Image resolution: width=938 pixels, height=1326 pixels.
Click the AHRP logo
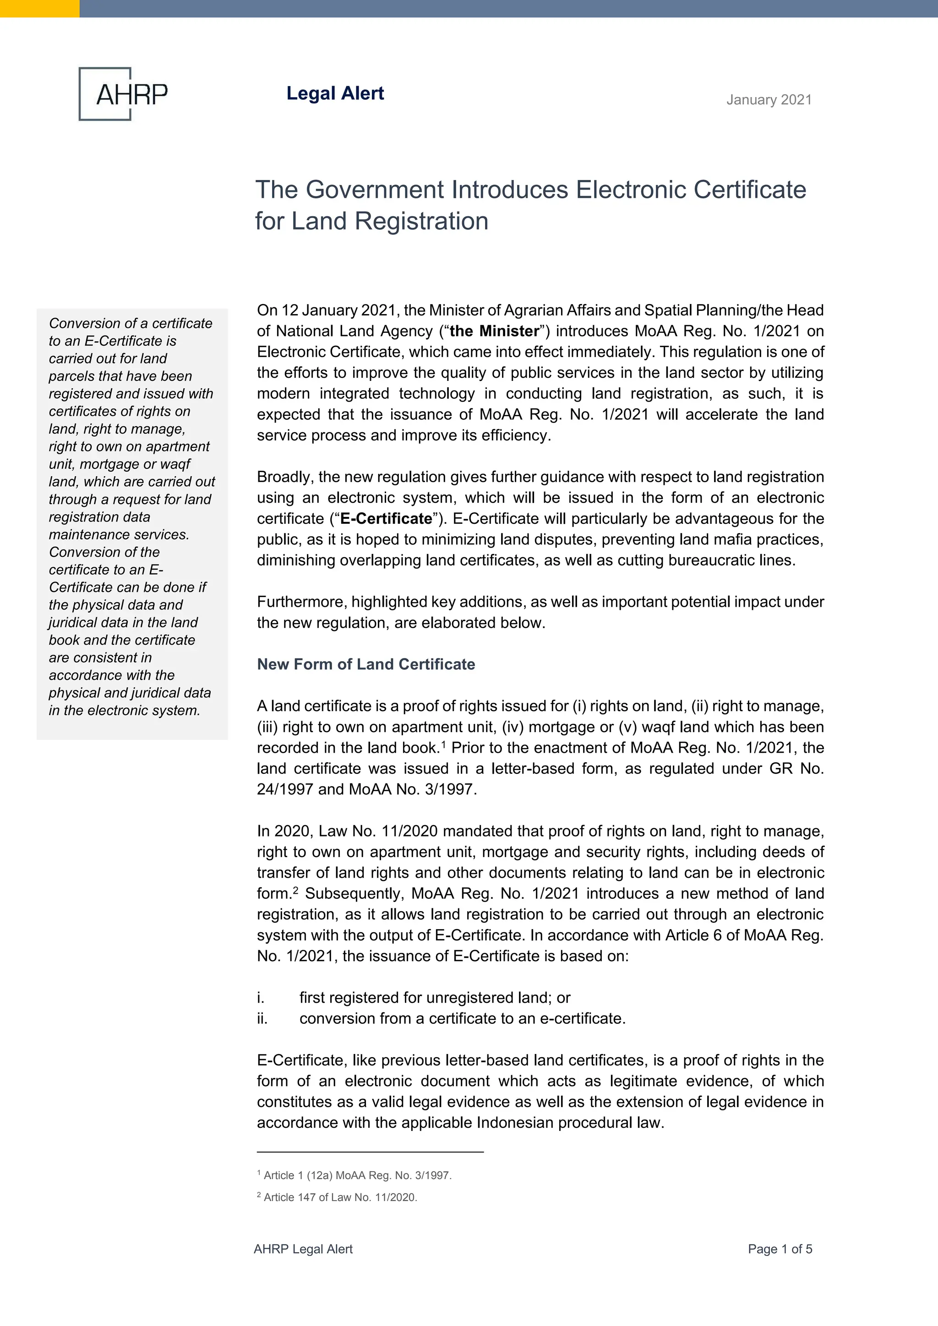click(123, 93)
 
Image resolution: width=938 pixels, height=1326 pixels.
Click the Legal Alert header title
click(335, 93)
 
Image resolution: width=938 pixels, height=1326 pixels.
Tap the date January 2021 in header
click(769, 100)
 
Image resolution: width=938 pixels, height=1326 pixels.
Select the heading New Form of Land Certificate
click(365, 664)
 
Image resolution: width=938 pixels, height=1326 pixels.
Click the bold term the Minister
click(494, 331)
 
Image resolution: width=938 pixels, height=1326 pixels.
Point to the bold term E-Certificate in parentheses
click(386, 519)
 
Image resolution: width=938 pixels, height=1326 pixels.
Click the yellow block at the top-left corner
click(39, 8)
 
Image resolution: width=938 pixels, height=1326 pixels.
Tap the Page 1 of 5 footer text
click(780, 1249)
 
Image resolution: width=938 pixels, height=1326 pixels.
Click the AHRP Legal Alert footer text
click(303, 1249)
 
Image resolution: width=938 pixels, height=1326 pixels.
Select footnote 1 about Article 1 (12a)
click(354, 1175)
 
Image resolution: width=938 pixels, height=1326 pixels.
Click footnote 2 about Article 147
click(337, 1197)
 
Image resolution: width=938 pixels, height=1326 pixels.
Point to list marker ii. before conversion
click(262, 1018)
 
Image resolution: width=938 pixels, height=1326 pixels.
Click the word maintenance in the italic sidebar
click(86, 535)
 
